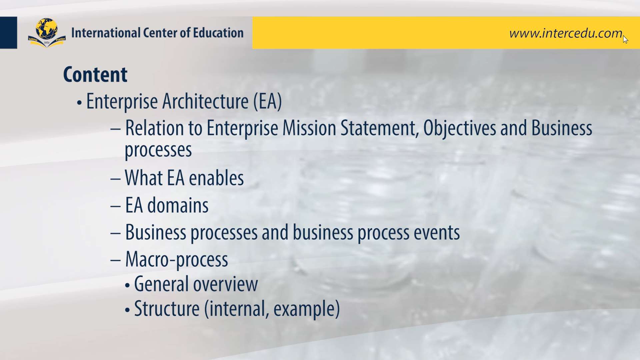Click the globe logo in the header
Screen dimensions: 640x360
(47, 33)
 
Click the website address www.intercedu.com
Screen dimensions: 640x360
(566, 33)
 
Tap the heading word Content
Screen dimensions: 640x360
(95, 74)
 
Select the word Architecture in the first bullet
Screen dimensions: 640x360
(205, 101)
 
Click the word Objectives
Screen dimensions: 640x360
(460, 129)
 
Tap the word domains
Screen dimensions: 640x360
(178, 205)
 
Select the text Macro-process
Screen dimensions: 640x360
(177, 260)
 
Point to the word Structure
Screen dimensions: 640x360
(167, 309)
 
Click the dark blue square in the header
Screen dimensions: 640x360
(9, 33)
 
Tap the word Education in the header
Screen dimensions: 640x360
(218, 33)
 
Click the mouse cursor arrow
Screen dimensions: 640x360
(625, 39)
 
